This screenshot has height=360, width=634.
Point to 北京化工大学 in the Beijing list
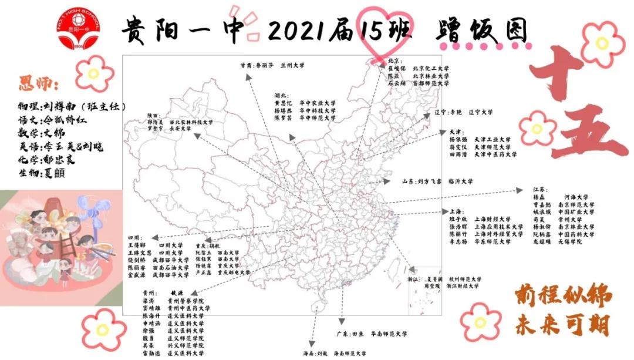(x=431, y=69)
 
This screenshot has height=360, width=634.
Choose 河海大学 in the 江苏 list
(x=576, y=197)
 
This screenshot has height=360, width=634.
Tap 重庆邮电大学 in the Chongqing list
(x=234, y=272)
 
